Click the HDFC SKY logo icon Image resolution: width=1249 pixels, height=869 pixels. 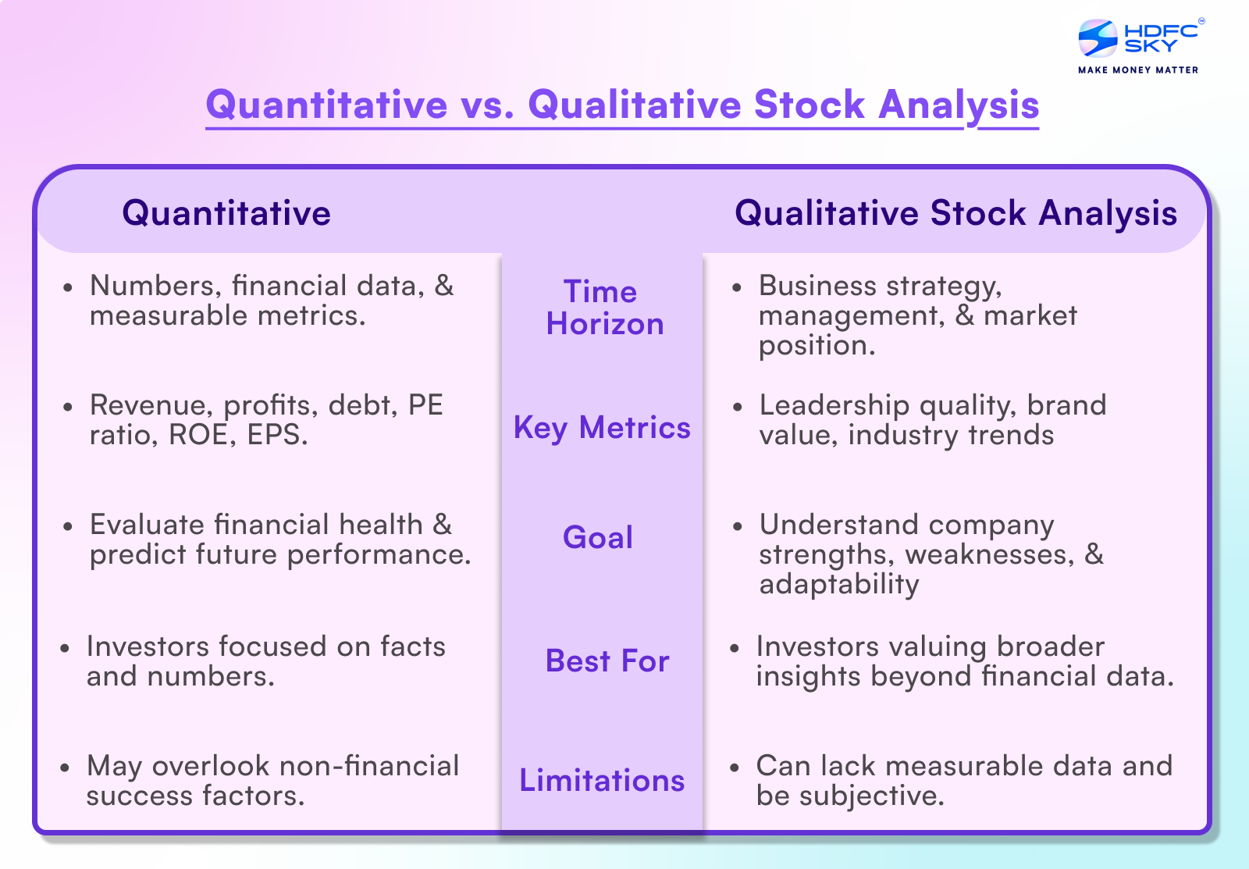[x=1098, y=38]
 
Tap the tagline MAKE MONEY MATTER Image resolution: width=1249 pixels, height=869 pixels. [x=1137, y=70]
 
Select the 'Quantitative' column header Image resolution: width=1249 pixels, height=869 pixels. [x=226, y=213]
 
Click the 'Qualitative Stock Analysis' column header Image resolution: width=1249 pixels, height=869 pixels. [x=955, y=213]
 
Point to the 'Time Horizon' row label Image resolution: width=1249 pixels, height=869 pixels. [x=603, y=308]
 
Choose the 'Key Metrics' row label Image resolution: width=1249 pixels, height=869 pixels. [x=602, y=428]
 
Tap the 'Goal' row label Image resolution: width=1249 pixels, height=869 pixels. [x=598, y=537]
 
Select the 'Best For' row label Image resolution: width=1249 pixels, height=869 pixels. [x=607, y=661]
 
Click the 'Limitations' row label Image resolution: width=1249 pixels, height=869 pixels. [x=602, y=781]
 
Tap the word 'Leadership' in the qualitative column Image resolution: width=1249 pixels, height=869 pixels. [x=834, y=405]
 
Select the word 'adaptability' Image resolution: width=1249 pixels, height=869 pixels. [x=839, y=584]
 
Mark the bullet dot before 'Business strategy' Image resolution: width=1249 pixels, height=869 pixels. [x=737, y=288]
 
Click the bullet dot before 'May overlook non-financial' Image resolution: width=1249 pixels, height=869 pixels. [x=65, y=768]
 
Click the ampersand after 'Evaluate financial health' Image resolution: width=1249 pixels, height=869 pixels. [x=443, y=525]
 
